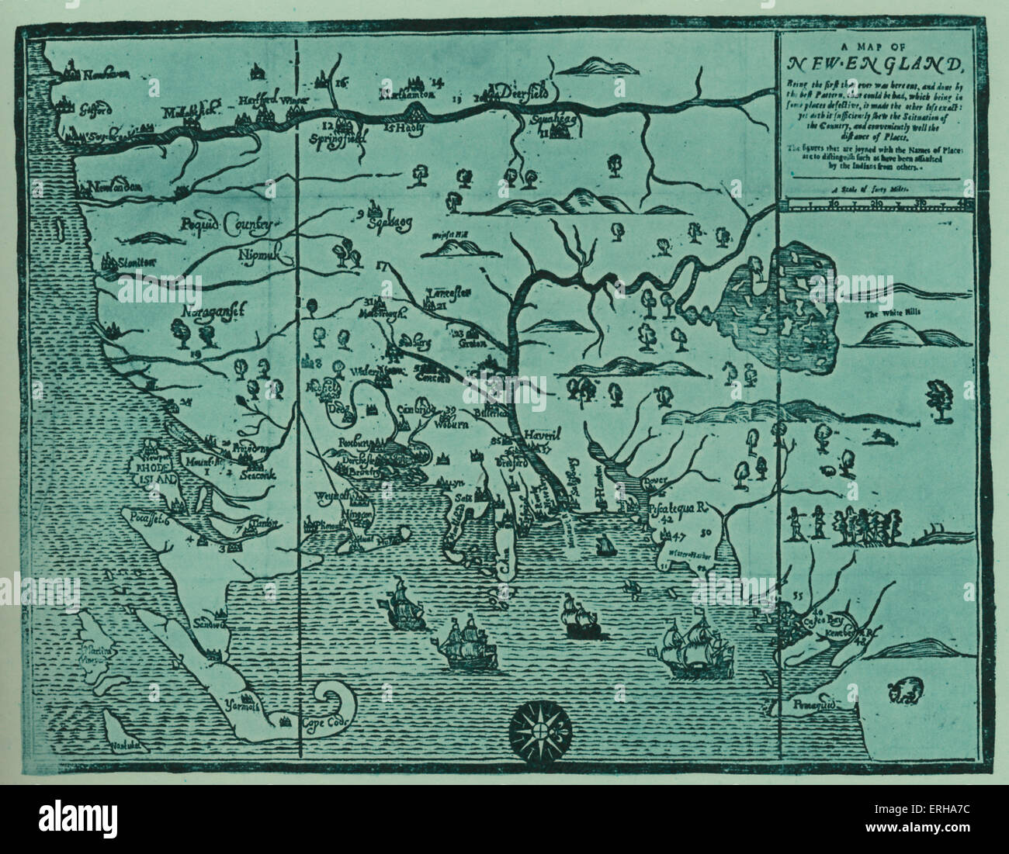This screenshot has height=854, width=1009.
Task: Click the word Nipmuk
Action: tap(261, 252)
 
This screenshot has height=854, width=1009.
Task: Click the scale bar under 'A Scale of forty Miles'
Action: tap(876, 204)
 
